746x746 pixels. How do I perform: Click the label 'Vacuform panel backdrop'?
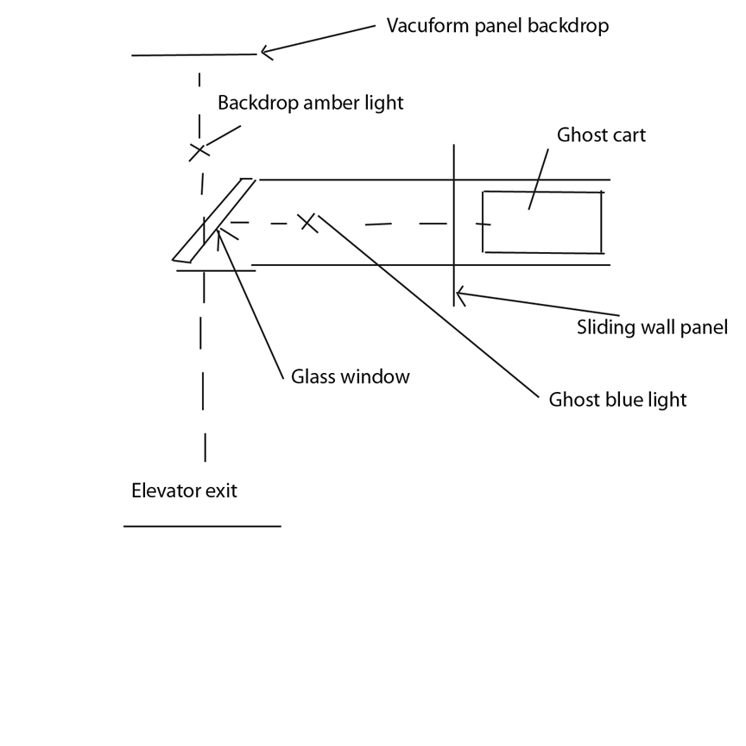[x=497, y=26]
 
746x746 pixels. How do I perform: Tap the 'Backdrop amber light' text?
[x=310, y=103]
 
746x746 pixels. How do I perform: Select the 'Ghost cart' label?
[x=601, y=135]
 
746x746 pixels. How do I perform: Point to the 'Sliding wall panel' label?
[x=652, y=327]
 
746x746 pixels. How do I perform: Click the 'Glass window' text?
[x=350, y=376]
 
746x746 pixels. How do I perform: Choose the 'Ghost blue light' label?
[x=617, y=400]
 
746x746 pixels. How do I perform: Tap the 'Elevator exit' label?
[x=184, y=491]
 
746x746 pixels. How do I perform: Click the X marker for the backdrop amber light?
[x=199, y=151]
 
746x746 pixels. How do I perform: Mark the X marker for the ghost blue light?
[x=307, y=222]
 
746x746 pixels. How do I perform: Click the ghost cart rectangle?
[x=542, y=222]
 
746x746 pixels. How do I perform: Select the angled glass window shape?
[x=214, y=220]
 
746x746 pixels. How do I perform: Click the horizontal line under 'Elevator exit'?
[x=202, y=525]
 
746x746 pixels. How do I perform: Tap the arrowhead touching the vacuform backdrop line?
[x=264, y=53]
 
